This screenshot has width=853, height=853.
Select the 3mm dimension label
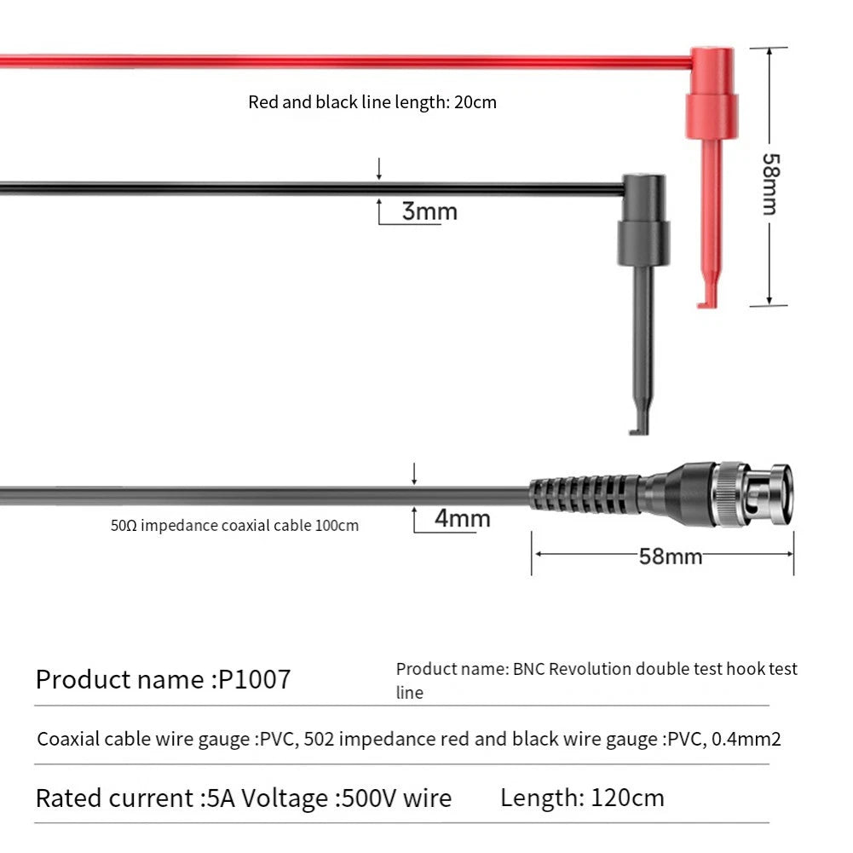pos(429,211)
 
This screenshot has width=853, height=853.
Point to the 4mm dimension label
pos(463,518)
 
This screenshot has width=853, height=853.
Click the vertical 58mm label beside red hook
pos(771,184)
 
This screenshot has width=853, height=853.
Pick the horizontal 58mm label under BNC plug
pos(670,556)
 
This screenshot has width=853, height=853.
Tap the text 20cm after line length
pos(475,102)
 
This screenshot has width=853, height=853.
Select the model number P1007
pos(254,679)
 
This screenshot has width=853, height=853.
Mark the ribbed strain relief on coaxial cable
pos(585,494)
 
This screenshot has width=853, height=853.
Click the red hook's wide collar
pos(712,116)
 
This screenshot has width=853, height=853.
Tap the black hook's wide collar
pos(643,243)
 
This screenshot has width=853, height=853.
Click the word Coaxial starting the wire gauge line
pos(68,739)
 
